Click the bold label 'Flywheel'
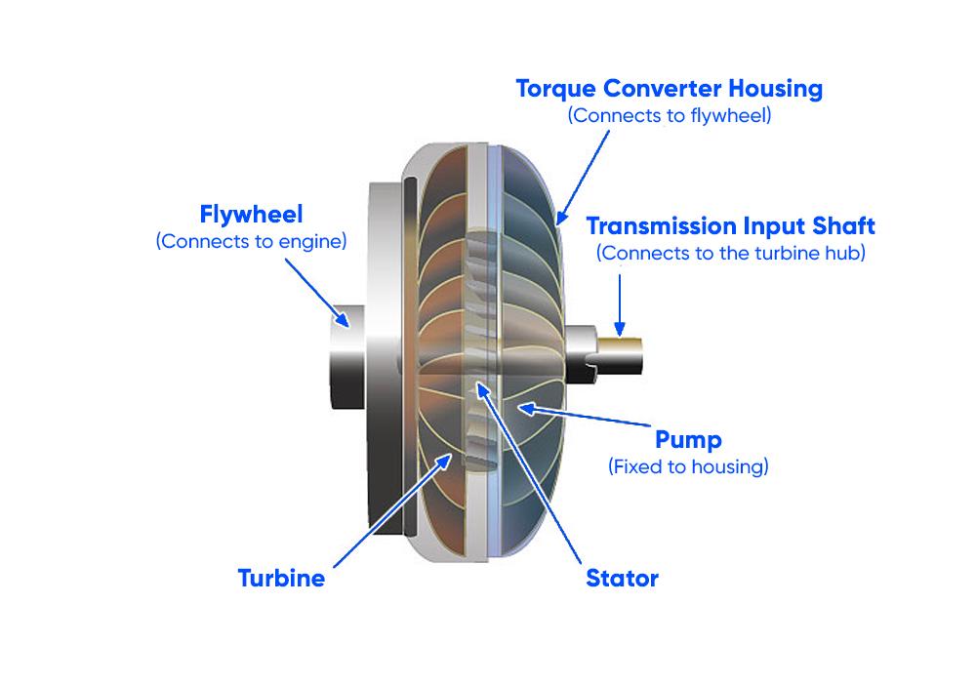251,214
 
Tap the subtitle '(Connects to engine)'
251,240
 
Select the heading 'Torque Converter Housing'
669,89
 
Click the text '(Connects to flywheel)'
669,115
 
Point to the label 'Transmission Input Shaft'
730,226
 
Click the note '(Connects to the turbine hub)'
730,252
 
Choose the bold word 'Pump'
688,440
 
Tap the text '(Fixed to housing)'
688,466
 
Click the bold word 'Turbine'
281,578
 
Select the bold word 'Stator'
622,578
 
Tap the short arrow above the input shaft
619,303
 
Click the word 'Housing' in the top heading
770,89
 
